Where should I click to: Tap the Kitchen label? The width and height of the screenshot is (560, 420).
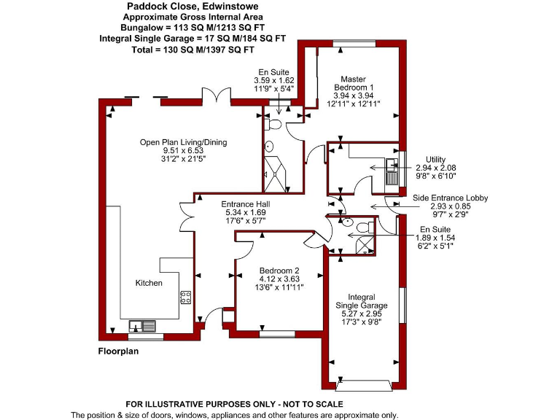149,283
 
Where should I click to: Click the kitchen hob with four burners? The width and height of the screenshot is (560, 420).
185,297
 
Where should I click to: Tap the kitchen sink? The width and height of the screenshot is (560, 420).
139,325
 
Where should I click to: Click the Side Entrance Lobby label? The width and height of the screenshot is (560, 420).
450,198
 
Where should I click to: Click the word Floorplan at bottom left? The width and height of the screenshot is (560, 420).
118,351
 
